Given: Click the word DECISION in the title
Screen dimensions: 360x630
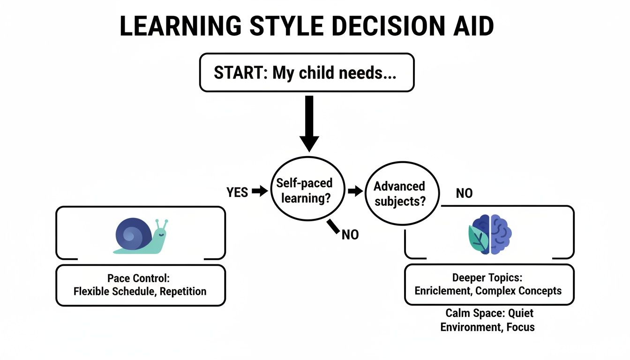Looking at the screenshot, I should pyautogui.click(x=382, y=27).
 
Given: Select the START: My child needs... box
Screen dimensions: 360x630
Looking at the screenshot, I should pyautogui.click(x=307, y=73).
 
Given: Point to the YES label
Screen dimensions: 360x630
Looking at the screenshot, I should pyautogui.click(x=237, y=192).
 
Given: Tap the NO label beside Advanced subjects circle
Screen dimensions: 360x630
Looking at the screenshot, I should pyautogui.click(x=464, y=193).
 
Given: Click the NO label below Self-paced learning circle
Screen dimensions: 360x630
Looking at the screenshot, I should pyautogui.click(x=350, y=235).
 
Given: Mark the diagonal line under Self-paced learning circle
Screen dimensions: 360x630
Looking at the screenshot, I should pyautogui.click(x=333, y=226).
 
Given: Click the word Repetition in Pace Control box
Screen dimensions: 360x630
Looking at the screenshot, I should pyautogui.click(x=183, y=291).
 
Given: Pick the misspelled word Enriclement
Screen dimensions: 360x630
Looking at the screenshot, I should pyautogui.click(x=442, y=291).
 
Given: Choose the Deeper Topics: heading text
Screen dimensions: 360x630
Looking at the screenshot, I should pyautogui.click(x=489, y=277).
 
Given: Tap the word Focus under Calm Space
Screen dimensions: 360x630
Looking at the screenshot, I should pyautogui.click(x=520, y=327).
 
